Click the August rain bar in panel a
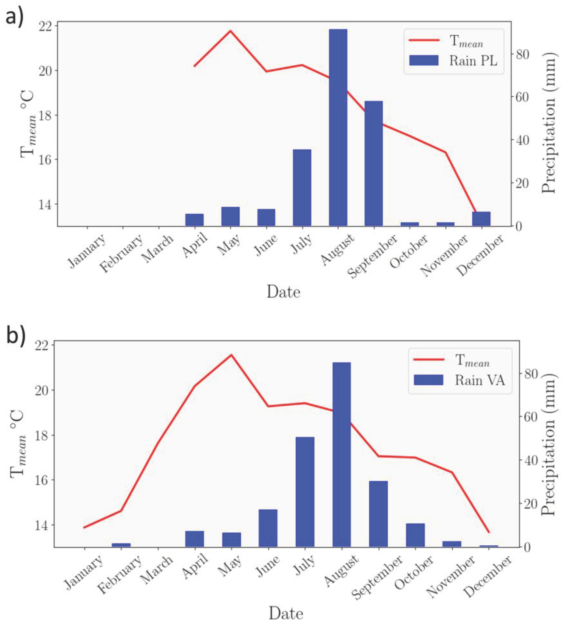tap(338, 127)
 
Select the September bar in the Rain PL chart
tap(373, 163)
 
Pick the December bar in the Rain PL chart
tap(481, 219)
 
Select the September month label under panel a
tap(372, 256)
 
